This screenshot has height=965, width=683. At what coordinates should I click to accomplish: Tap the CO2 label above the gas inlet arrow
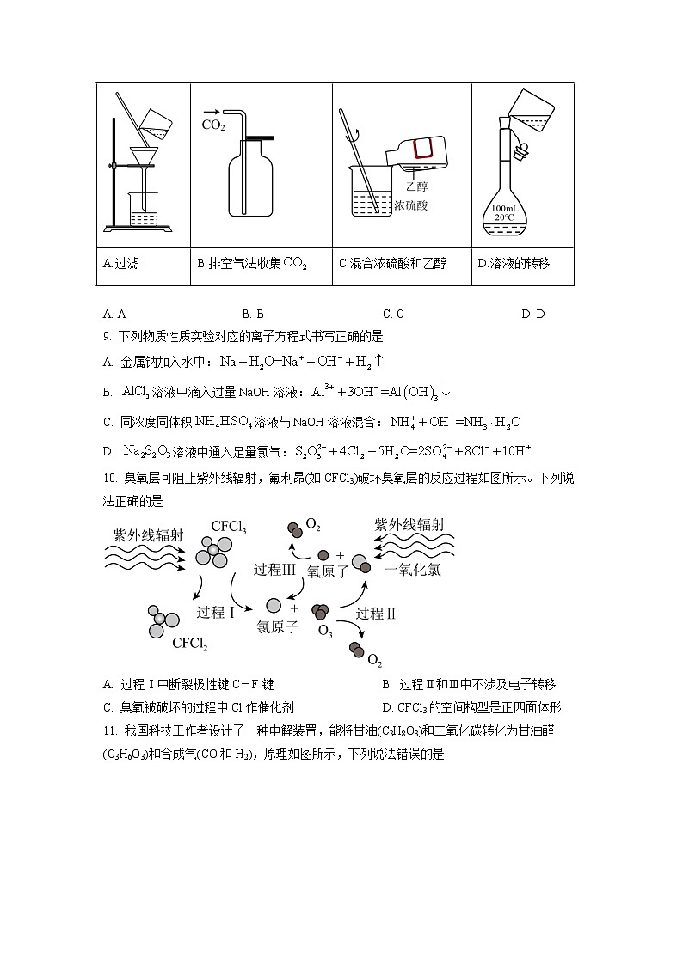(x=212, y=125)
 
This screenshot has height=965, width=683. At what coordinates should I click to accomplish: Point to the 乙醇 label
(x=416, y=186)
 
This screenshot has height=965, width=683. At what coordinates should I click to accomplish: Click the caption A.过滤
(x=120, y=264)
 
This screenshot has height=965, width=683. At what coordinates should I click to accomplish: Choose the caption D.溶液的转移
(x=513, y=264)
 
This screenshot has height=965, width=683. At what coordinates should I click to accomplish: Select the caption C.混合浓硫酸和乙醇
(x=392, y=264)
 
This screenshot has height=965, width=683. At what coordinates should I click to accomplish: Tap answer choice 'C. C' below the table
(x=393, y=314)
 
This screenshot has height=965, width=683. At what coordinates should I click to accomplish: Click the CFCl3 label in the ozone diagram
(x=229, y=527)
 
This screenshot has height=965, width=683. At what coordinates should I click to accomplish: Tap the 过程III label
(x=274, y=570)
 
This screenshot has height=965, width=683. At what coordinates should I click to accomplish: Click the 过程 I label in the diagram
(x=216, y=613)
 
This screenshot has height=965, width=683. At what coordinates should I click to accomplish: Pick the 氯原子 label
(x=278, y=627)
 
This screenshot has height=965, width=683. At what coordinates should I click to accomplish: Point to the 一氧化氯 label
(x=412, y=570)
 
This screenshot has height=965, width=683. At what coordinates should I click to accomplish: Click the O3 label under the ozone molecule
(x=325, y=632)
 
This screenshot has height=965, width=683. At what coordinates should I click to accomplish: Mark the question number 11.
(x=108, y=730)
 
